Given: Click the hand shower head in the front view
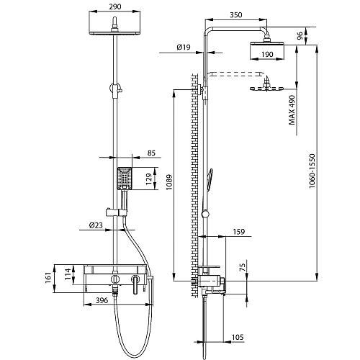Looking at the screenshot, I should [124, 176].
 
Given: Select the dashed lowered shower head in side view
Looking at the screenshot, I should [264, 88].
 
